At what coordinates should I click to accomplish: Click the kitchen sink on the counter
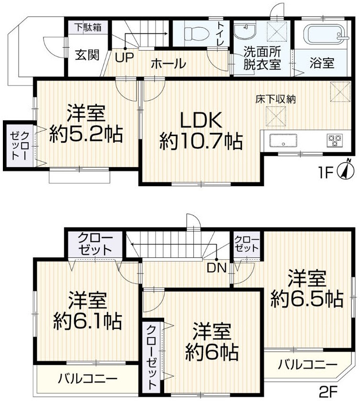tap(283, 141)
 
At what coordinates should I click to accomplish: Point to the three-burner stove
tap(334, 141)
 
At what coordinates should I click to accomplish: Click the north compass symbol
tap(347, 169)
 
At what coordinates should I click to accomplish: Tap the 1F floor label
tap(326, 173)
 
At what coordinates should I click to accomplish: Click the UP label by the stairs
tap(125, 58)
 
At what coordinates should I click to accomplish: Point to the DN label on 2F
tap(217, 268)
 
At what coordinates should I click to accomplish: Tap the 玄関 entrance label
tap(87, 55)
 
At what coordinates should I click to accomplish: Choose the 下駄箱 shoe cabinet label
tap(88, 27)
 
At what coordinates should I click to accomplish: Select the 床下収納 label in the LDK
tap(275, 99)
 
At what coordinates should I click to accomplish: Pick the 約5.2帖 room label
tap(86, 134)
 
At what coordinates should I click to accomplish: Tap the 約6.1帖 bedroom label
tap(87, 321)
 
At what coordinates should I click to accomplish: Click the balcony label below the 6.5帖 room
tap(307, 365)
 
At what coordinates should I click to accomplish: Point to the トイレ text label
tap(221, 34)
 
